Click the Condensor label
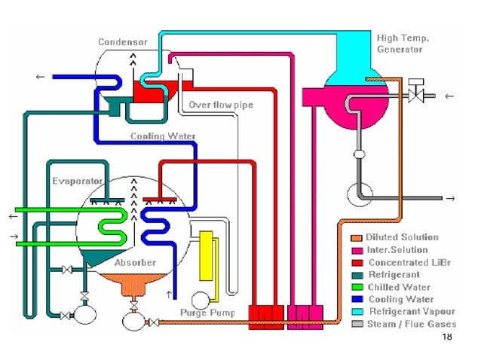pos(122,42)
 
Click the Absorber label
pos(135,263)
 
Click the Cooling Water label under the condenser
pos(164,136)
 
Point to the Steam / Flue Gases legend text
pos(412,324)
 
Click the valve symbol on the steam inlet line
pos(412,96)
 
